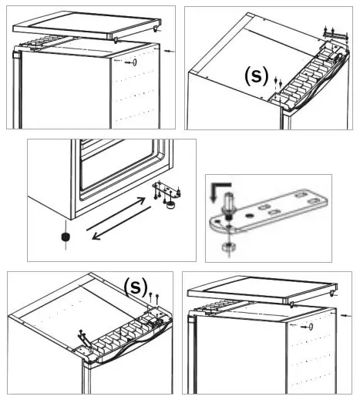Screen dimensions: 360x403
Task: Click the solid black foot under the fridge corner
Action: [66, 237]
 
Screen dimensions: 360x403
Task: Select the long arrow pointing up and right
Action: [116, 214]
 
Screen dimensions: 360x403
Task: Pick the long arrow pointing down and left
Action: [122, 223]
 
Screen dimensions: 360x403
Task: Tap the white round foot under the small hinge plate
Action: [170, 206]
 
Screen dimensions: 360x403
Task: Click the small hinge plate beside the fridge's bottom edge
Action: [167, 190]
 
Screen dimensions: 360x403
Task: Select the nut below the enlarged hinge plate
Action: [229, 247]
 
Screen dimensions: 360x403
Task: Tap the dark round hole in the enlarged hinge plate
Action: [248, 216]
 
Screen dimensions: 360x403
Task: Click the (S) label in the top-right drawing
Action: [257, 76]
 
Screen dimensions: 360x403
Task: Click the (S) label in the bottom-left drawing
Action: [136, 287]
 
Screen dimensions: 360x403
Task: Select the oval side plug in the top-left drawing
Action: [134, 62]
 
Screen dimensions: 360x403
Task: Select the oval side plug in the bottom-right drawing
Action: [311, 327]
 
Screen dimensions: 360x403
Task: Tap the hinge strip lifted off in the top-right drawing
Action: [335, 35]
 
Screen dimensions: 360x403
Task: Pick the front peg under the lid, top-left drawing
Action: [116, 40]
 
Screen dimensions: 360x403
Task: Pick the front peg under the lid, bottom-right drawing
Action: [291, 305]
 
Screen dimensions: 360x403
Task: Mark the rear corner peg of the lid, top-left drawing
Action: [156, 29]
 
